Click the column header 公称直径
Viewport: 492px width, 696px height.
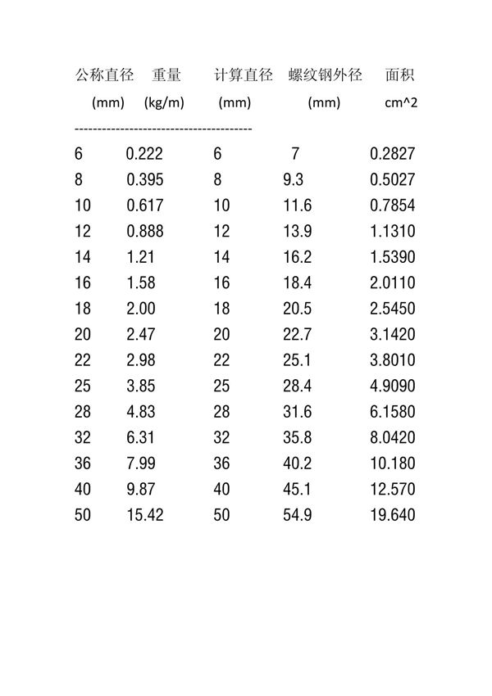[x=104, y=76]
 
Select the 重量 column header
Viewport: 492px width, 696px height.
[x=166, y=76]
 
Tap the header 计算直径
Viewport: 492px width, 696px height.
[x=243, y=76]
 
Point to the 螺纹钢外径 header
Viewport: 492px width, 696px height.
[x=325, y=76]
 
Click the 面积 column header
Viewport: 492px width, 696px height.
[x=399, y=76]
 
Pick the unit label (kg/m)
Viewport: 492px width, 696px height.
[x=163, y=103]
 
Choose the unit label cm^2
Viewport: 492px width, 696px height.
[x=401, y=103]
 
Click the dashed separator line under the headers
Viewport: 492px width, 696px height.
[x=163, y=129]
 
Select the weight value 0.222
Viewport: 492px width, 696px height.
[x=145, y=154]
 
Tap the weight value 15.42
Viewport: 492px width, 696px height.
[x=145, y=515]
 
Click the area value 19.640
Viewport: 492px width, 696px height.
[x=393, y=515]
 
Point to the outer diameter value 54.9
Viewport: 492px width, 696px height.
[x=297, y=515]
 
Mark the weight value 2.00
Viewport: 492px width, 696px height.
[x=141, y=309]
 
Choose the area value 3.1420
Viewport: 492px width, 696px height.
[x=393, y=335]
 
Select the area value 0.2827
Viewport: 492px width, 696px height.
[x=393, y=154]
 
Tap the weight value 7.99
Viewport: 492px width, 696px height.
[x=141, y=463]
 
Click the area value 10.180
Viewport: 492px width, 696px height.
[x=393, y=463]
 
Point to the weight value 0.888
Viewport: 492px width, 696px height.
[x=145, y=232]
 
